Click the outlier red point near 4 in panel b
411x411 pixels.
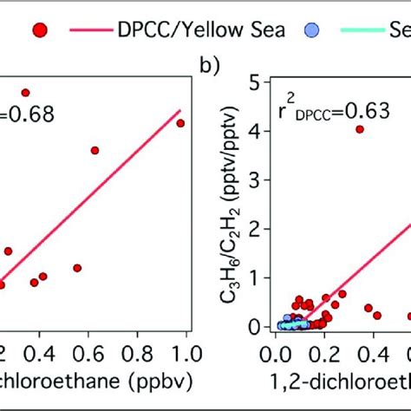(x=360, y=129)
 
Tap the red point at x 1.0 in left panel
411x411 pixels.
(x=180, y=123)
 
